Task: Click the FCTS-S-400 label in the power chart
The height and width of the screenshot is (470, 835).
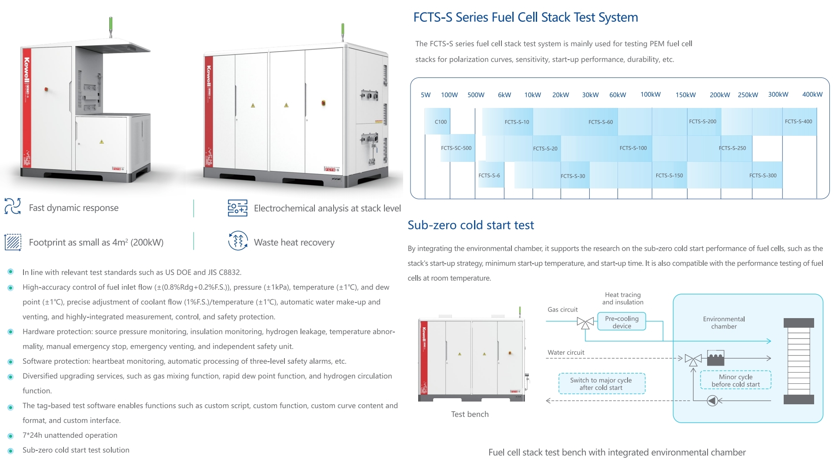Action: [x=798, y=121]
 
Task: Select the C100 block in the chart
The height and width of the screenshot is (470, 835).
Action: [x=440, y=122]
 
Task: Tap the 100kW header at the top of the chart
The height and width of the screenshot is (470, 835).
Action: [x=650, y=94]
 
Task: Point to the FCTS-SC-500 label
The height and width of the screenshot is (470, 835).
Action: [x=456, y=148]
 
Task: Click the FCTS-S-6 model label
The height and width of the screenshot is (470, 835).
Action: [x=489, y=175]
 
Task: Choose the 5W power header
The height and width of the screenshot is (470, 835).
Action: [x=425, y=95]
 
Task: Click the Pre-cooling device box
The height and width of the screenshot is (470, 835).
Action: [x=621, y=322]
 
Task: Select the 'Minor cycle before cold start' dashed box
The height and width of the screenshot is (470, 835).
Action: [x=735, y=380]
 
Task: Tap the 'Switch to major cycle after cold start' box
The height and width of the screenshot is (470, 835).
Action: [x=601, y=384]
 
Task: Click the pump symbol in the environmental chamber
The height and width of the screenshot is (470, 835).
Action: [x=712, y=400]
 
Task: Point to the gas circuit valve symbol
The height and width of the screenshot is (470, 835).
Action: [x=585, y=322]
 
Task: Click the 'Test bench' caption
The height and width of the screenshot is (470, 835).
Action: [x=470, y=414]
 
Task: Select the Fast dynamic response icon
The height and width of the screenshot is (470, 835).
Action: [x=13, y=207]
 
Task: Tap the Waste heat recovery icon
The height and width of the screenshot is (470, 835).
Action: [x=238, y=241]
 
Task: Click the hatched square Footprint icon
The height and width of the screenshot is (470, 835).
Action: [x=13, y=242]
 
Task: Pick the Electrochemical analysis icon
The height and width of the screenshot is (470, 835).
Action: [x=237, y=208]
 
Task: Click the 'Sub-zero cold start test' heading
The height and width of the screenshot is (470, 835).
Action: [x=471, y=225]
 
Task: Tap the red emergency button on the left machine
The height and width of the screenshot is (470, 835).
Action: [x=46, y=89]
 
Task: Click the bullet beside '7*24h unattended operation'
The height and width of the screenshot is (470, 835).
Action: [x=11, y=436]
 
